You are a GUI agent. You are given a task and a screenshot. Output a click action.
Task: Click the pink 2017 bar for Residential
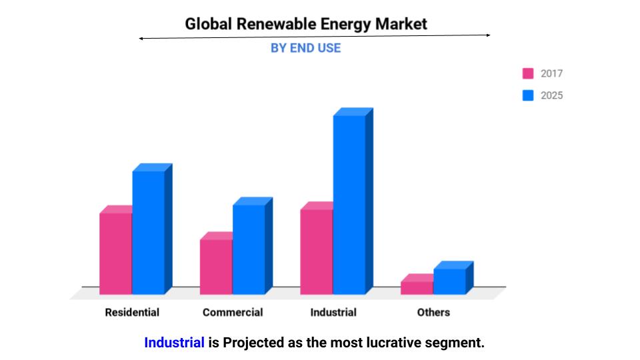click(115, 253)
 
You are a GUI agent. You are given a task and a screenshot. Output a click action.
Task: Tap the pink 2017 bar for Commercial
click(216, 267)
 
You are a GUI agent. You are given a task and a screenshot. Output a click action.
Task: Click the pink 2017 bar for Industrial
click(317, 251)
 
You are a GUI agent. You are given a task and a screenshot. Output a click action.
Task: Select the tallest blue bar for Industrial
click(349, 204)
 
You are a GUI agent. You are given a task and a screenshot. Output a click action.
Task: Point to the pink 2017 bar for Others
click(417, 287)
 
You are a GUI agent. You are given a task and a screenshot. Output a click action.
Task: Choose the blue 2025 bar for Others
click(449, 281)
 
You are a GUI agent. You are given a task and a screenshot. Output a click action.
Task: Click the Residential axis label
click(132, 312)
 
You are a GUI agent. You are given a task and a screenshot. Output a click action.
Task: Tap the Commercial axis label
click(233, 312)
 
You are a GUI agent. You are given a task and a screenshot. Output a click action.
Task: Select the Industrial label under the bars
click(333, 312)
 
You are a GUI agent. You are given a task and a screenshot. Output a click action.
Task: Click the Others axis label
click(433, 312)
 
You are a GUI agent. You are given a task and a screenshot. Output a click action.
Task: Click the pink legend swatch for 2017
click(528, 73)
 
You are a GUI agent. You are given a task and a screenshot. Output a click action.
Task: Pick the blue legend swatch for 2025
click(528, 95)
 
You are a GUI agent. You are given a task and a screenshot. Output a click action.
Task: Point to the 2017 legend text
click(551, 73)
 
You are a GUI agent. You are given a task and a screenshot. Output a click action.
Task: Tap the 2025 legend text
click(551, 95)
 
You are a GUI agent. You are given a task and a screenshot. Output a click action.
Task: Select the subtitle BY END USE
click(305, 48)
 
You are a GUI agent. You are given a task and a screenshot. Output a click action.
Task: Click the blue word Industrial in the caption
click(174, 343)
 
